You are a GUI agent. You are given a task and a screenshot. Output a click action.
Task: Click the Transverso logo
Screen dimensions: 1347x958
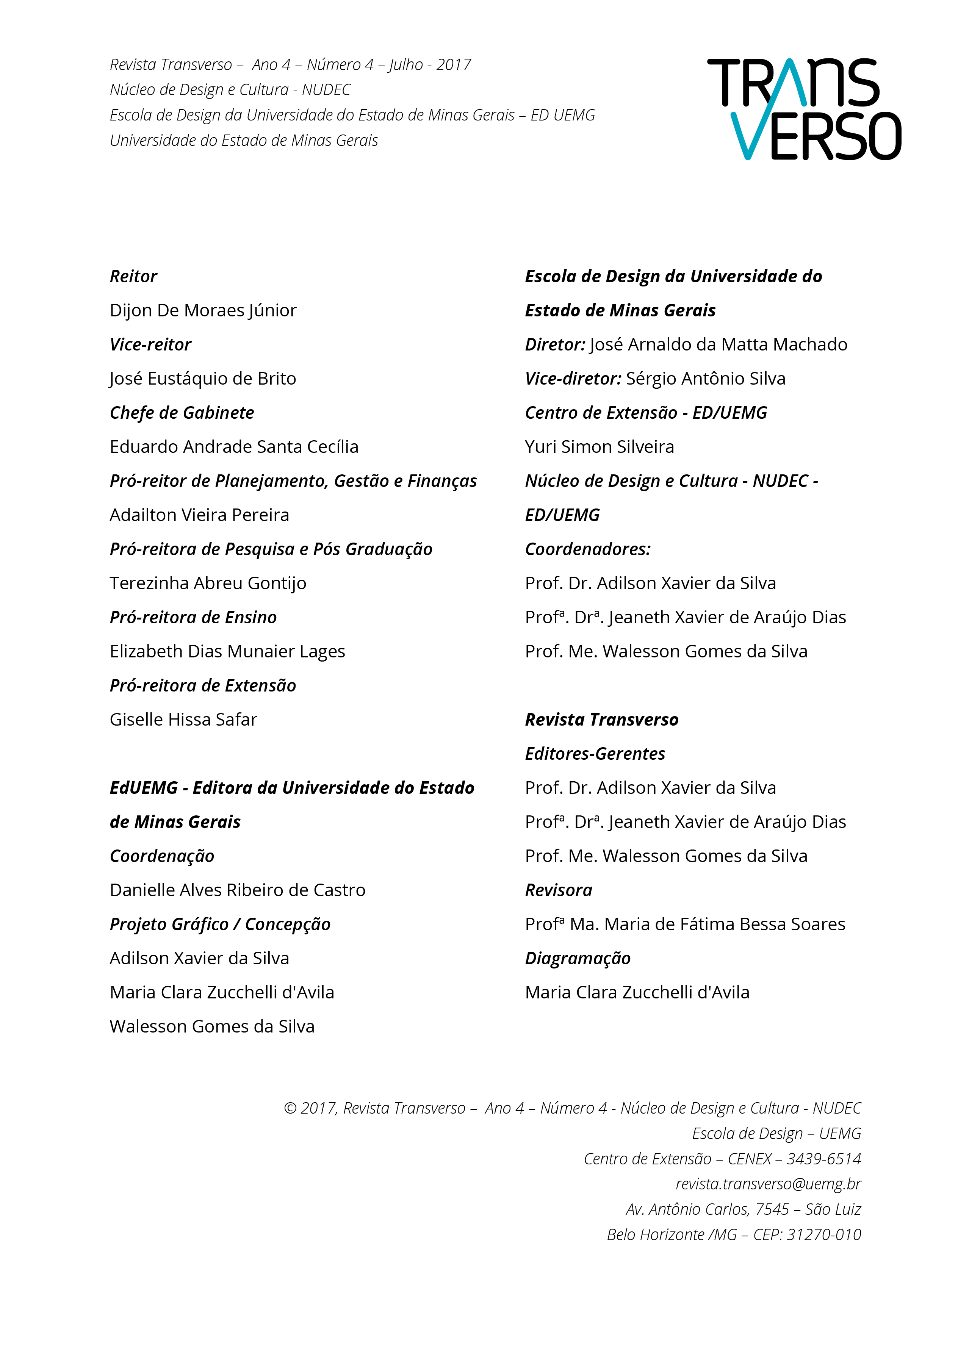pos(804,109)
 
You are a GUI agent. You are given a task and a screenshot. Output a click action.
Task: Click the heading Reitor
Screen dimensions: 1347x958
pos(133,277)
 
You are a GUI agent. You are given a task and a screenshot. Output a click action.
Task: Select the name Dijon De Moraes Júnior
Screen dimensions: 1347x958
pos(203,311)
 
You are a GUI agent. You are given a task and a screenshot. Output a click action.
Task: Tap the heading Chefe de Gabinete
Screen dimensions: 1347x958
pos(182,413)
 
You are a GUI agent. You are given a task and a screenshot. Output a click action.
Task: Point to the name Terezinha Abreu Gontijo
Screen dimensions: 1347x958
pos(208,583)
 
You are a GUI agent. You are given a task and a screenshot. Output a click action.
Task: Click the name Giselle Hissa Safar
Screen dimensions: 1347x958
pos(183,720)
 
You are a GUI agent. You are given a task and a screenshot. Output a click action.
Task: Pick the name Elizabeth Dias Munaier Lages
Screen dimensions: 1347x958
pos(227,652)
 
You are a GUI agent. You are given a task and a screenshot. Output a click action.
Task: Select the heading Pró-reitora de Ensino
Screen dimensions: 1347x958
pos(193,618)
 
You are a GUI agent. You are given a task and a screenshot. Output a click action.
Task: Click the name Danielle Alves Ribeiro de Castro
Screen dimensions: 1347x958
pos(237,890)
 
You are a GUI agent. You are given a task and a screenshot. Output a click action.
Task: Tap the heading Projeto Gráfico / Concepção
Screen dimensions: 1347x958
pos(220,924)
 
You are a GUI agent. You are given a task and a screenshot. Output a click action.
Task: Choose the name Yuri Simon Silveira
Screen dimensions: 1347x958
pos(600,447)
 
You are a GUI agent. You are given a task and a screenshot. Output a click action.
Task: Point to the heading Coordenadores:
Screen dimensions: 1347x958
pos(587,549)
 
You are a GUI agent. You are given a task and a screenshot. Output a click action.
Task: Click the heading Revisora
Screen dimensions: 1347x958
pos(559,890)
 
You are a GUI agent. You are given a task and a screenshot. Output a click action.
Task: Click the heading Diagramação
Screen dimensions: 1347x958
pos(578,958)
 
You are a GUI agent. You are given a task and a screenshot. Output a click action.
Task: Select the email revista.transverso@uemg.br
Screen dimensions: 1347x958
pos(768,1184)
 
